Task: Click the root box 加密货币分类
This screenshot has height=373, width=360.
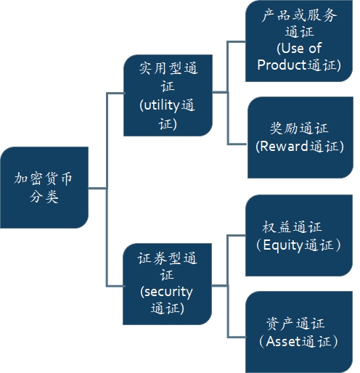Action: pos(44,187)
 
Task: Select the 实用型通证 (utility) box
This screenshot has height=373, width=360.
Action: pos(168,95)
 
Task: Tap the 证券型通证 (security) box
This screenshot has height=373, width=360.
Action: pos(168,284)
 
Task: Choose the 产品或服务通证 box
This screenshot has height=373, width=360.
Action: pos(299,41)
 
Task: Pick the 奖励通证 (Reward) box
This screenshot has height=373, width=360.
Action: pos(300,137)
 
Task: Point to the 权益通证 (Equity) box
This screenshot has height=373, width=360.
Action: pos(299,235)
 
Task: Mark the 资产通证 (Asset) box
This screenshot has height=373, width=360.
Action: pos(299,332)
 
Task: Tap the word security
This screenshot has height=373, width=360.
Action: pos(168,292)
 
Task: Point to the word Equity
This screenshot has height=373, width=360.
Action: pos(283,245)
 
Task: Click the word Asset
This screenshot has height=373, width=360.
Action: pos(283,342)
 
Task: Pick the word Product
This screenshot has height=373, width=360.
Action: pos(279,65)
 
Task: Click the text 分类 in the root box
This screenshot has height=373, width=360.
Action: pos(44,196)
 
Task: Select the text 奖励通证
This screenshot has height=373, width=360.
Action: pos(299,128)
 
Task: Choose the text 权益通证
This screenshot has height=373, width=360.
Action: pos(292,227)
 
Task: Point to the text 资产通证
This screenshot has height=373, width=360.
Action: pos(295,324)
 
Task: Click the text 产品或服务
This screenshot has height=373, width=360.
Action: pos(299,15)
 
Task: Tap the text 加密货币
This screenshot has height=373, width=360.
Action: pos(44,179)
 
